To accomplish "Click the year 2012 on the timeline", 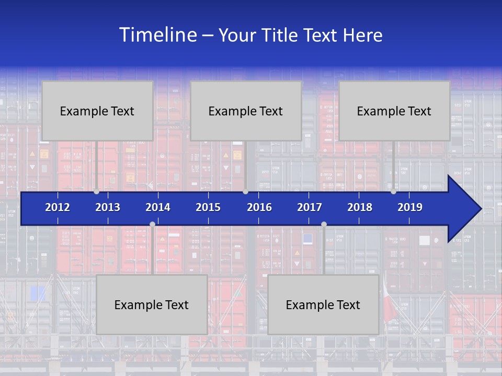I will pos(58,207).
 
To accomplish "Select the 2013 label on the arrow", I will pos(108,207).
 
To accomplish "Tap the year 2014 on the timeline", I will pos(158,207).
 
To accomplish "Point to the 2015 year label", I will pos(208,207).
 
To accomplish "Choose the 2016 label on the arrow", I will pos(259,207).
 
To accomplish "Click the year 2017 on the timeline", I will pos(310,207).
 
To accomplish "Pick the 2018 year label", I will pos(360,207).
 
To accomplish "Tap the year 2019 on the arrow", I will pos(410,207).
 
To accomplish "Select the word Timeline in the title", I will pos(157,34).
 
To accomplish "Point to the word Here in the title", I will pos(362,35).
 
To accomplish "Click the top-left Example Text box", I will pos(97,111).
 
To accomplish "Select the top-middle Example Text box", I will pos(246,111).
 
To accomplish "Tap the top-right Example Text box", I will pos(394,111).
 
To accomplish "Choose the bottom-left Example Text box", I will pos(152,304).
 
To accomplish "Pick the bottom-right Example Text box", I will pos(323,304).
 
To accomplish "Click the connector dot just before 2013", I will pos(97,192).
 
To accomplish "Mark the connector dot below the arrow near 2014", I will pos(152,224).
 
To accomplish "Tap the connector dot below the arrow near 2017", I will pos(324,224).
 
